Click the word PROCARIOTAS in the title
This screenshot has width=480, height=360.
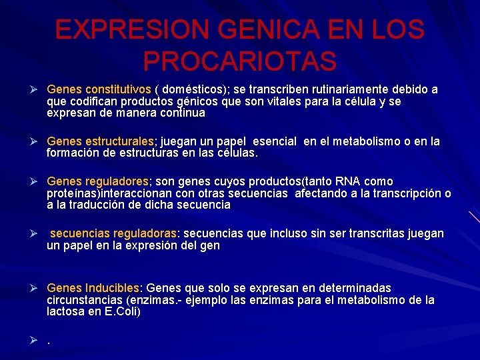point(239,61)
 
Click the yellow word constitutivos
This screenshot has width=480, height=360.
point(117,89)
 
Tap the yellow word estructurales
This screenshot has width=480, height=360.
point(119,141)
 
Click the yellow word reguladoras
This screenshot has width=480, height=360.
point(144,233)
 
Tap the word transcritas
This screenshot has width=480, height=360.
point(369,233)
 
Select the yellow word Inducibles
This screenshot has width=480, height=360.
point(111,288)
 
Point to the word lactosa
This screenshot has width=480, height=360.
point(66,312)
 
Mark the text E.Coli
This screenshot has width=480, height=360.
point(120,312)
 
